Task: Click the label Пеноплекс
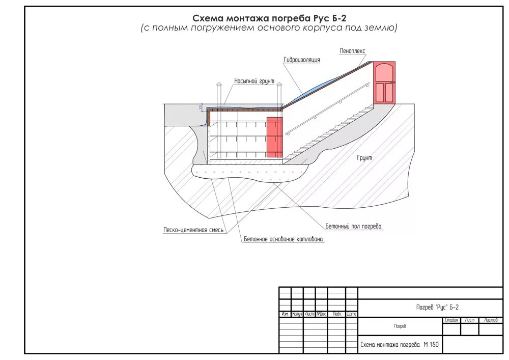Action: [x=353, y=51]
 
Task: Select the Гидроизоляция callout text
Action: [x=302, y=60]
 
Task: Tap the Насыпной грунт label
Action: [x=254, y=81]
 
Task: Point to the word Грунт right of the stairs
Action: [x=364, y=158]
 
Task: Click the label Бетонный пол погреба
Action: [x=353, y=226]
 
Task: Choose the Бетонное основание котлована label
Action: [x=283, y=239]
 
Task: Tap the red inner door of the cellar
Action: [x=274, y=137]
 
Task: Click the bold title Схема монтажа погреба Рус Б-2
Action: [x=269, y=18]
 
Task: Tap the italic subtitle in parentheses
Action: [x=269, y=28]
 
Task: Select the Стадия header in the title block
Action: [x=451, y=320]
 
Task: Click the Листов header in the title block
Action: [x=491, y=320]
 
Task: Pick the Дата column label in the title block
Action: [x=352, y=314]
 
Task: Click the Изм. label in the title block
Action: [x=285, y=314]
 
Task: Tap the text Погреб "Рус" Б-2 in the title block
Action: [x=437, y=307]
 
